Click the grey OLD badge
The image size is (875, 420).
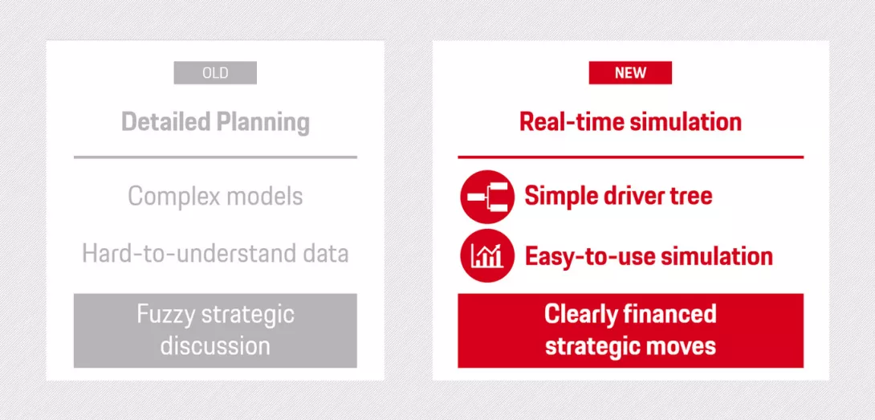215,72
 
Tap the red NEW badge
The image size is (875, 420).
630,72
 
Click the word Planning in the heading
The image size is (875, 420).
262,123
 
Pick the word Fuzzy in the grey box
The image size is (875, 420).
165,316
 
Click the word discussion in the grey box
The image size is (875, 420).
215,345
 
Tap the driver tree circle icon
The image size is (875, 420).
487,197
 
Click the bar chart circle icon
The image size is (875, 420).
487,256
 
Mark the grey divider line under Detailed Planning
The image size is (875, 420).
215,157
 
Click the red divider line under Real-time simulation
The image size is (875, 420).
631,157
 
